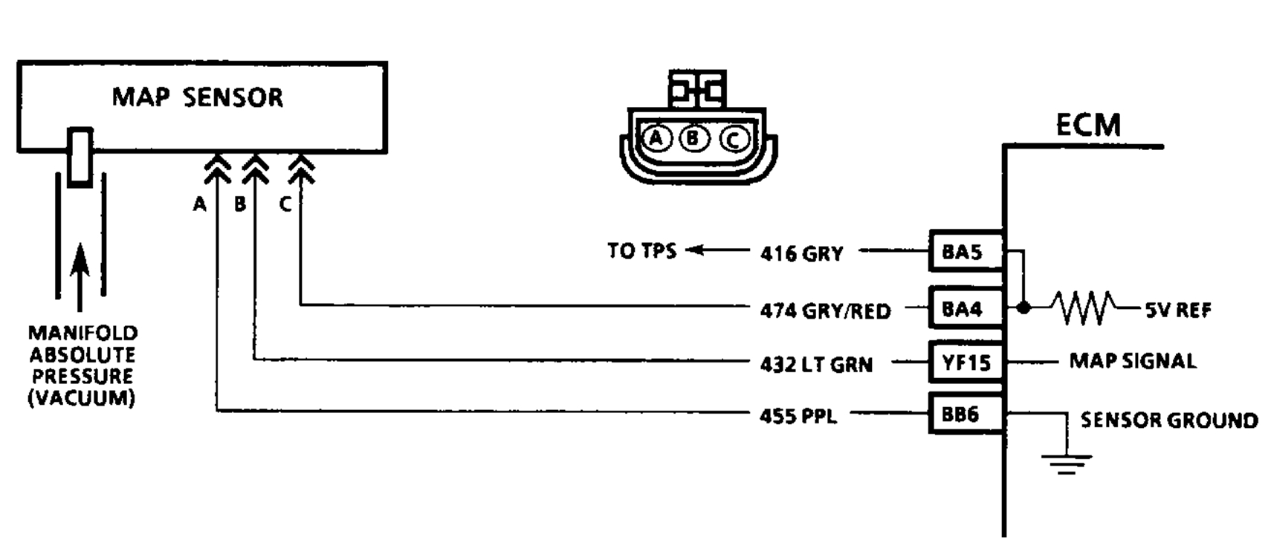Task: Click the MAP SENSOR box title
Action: click(x=198, y=97)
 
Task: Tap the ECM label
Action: click(x=1087, y=125)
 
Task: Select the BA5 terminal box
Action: click(x=964, y=252)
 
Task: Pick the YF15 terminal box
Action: click(x=966, y=362)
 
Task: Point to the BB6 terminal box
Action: click(x=964, y=414)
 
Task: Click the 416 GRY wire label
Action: click(x=801, y=254)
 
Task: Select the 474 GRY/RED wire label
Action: click(x=825, y=310)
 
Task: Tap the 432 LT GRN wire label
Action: click(x=816, y=365)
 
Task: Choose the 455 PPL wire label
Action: click(x=798, y=416)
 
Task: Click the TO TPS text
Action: click(x=641, y=251)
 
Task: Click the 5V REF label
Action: click(x=1177, y=310)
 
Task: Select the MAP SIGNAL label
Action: click(x=1132, y=362)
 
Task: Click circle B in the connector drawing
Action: click(x=693, y=138)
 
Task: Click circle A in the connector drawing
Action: click(x=656, y=138)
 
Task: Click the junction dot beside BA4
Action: click(x=1024, y=308)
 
